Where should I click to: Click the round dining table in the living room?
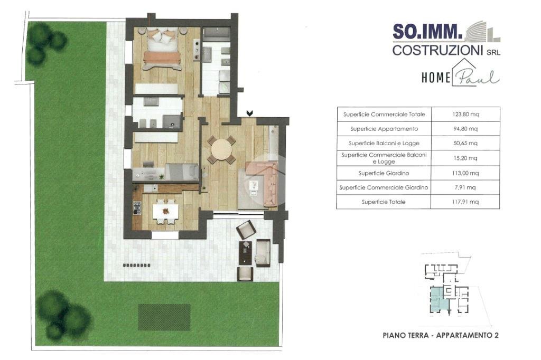221,150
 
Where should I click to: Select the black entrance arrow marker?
250,113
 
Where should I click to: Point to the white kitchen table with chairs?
165,211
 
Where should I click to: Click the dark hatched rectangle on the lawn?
164,317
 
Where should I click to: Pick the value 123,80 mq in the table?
466,114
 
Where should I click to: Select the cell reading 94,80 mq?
465,129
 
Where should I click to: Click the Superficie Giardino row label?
384,173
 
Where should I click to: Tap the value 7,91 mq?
465,187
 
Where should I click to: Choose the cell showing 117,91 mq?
465,202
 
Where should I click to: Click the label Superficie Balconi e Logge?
384,143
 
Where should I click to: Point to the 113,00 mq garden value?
465,173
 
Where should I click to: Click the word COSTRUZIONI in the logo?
437,50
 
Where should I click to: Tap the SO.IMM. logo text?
427,32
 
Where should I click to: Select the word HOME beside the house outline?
436,78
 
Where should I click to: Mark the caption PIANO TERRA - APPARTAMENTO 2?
441,335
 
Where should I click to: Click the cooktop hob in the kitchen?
137,208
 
